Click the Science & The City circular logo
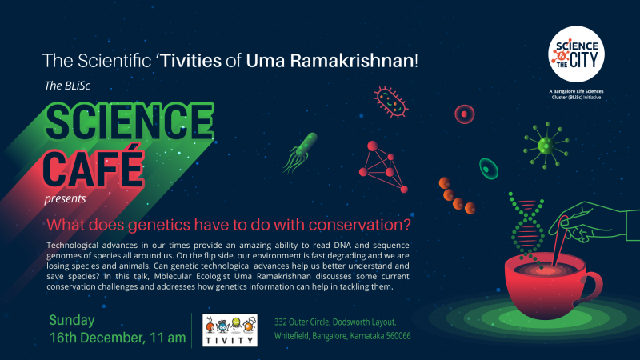tap(576, 54)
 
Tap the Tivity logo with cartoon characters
tap(230, 330)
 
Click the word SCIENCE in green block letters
tap(130, 122)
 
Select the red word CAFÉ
tap(94, 168)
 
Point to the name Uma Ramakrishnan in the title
tap(330, 61)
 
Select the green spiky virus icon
tap(546, 146)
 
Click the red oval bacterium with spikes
tap(390, 102)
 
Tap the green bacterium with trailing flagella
tap(301, 153)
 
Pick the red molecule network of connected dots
tap(383, 166)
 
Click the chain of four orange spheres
tap(457, 196)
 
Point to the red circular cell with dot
tap(465, 114)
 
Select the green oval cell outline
tap(488, 169)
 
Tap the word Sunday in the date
tap(72, 321)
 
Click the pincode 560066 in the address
tap(398, 336)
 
